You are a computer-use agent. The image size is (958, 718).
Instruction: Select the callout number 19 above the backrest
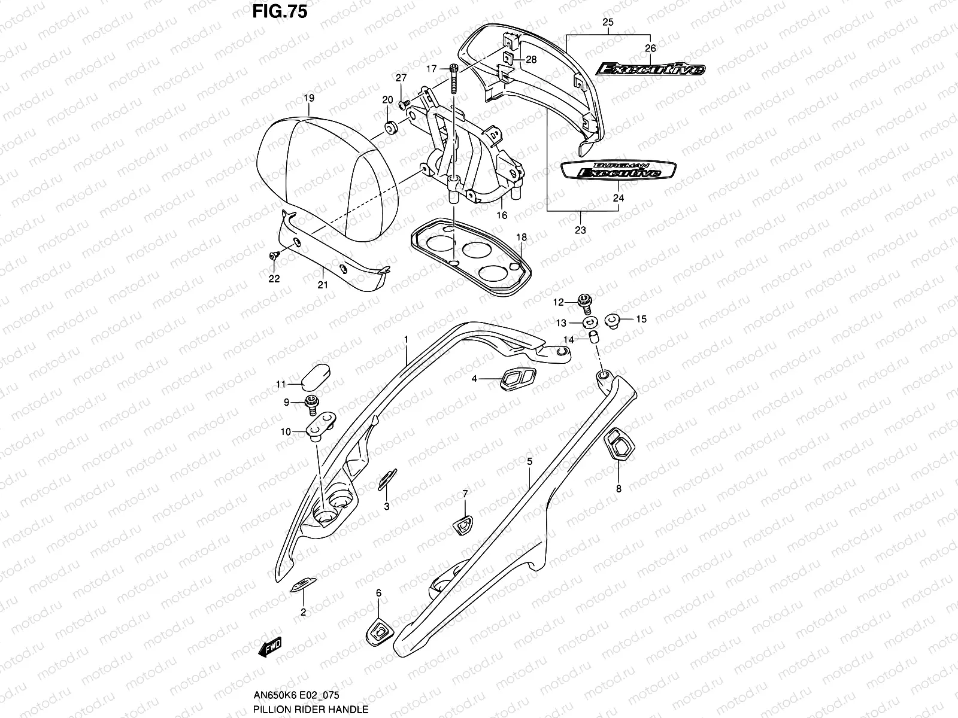[x=308, y=98]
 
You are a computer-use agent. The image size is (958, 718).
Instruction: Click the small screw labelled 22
[x=274, y=255]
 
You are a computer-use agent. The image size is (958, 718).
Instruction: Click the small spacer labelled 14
[x=594, y=338]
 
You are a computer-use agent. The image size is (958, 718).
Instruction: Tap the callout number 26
[x=650, y=48]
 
